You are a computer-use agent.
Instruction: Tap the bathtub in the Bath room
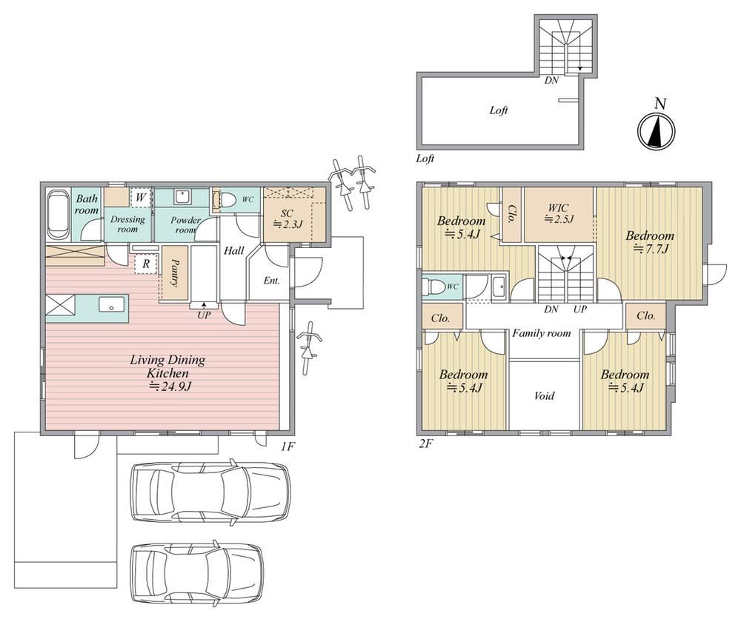click(x=58, y=215)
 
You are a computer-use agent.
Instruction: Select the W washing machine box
click(x=140, y=197)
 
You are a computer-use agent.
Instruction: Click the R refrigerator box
click(x=145, y=264)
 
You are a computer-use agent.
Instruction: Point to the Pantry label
click(x=174, y=272)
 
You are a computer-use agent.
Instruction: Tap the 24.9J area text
click(x=170, y=387)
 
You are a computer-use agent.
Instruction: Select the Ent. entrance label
click(x=271, y=281)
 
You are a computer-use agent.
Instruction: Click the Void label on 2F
click(x=544, y=395)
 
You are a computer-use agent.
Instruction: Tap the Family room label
click(x=542, y=333)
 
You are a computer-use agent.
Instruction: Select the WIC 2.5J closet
click(x=559, y=215)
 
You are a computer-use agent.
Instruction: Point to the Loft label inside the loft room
click(x=499, y=110)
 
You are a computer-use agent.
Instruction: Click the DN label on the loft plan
click(x=551, y=80)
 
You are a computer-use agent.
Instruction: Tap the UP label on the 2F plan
click(x=580, y=309)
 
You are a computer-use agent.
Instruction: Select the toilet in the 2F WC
click(x=433, y=287)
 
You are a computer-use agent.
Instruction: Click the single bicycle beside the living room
click(x=308, y=347)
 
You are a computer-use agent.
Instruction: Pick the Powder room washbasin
click(x=182, y=197)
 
